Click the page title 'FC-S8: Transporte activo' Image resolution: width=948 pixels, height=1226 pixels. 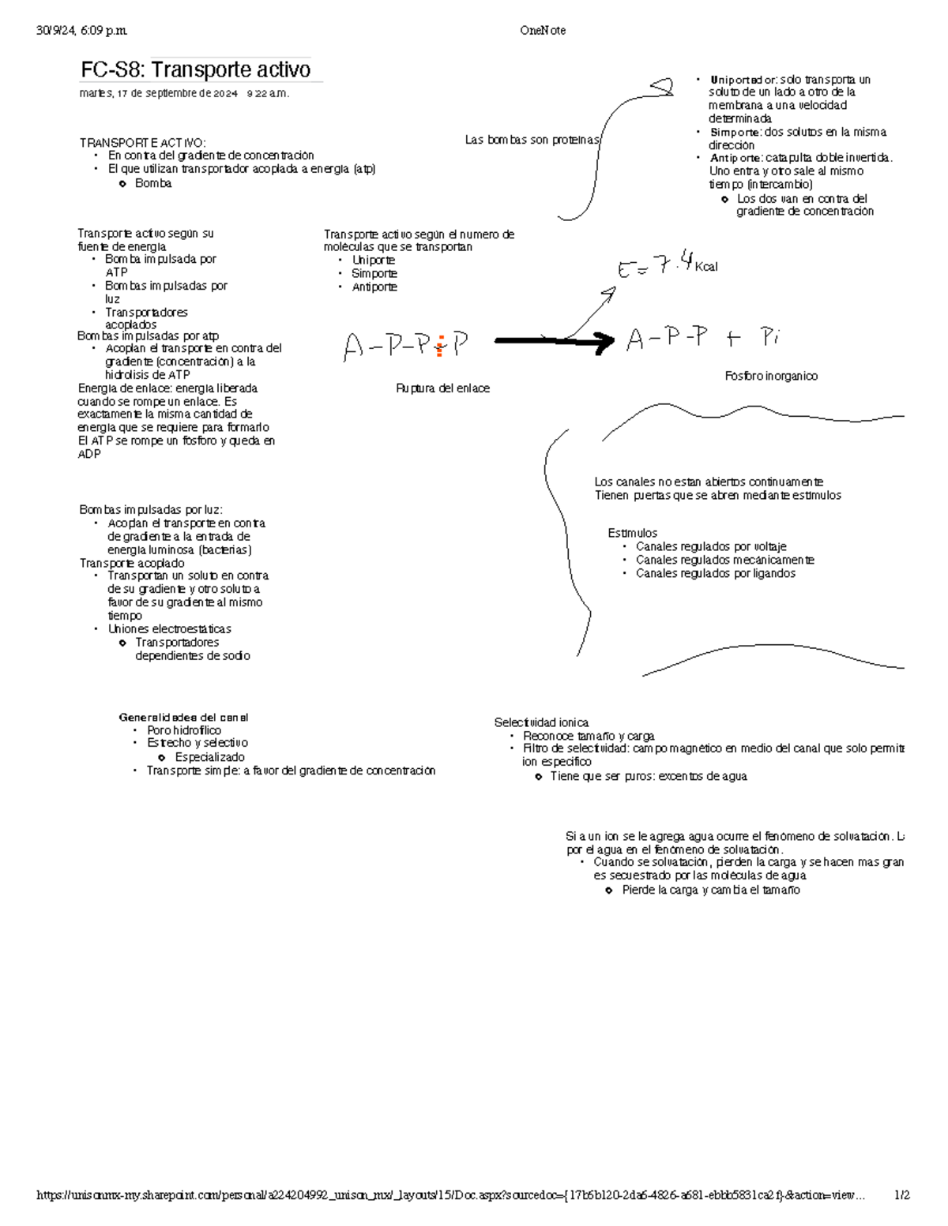pos(195,70)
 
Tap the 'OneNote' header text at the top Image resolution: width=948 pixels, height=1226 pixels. pos(542,31)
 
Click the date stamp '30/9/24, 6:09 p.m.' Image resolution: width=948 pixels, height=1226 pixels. pos(81,31)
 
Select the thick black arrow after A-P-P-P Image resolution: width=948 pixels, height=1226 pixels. pos(554,341)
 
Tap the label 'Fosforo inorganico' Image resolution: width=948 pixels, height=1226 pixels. pos(771,377)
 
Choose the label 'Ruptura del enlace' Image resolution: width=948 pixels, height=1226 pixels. pos(442,388)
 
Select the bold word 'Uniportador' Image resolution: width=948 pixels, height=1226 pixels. pos(743,80)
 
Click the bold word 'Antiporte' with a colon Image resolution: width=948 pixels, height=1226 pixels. pos(735,158)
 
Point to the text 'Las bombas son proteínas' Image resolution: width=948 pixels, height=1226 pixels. pos(532,140)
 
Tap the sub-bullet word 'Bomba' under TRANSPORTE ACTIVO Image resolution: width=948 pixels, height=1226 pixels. pos(153,183)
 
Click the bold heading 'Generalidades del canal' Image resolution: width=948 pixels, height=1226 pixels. pos(183,718)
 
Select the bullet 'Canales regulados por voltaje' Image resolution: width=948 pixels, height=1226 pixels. pos(711,546)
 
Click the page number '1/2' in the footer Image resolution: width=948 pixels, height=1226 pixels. pos(901,1195)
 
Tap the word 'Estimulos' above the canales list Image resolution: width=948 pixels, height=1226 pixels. pos(632,533)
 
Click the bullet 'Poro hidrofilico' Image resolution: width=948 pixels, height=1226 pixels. pos(184,730)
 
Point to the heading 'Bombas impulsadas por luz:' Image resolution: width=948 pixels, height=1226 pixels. pos(151,510)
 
